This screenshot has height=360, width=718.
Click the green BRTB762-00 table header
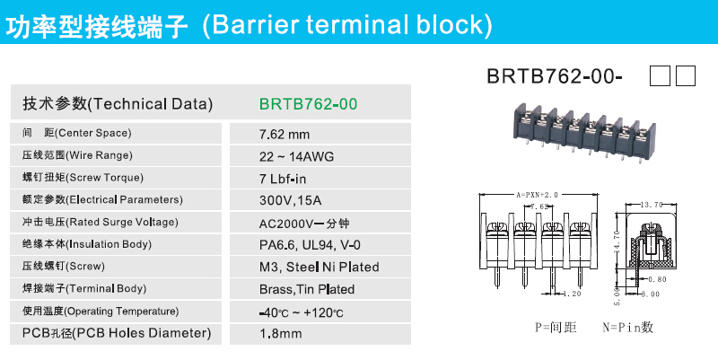(308, 104)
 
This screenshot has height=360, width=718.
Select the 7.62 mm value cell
(285, 134)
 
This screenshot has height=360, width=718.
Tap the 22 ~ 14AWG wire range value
(297, 156)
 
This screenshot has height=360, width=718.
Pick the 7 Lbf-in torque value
(283, 179)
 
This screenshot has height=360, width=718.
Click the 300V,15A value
(290, 200)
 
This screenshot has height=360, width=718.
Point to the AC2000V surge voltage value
(304, 223)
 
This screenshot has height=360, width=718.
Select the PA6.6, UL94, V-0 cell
(310, 245)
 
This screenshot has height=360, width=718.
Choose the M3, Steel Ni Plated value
(320, 267)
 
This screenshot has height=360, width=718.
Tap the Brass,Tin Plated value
(307, 289)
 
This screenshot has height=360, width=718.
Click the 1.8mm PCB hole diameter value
(281, 333)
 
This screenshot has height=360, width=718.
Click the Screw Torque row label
(83, 178)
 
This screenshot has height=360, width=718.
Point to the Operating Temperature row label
(101, 312)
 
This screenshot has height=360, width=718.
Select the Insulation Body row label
(87, 244)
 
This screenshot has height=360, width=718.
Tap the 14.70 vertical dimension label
(617, 241)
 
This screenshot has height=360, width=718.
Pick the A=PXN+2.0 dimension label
(537, 195)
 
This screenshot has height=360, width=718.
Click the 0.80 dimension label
(658, 279)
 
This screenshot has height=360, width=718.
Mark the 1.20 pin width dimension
(572, 294)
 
